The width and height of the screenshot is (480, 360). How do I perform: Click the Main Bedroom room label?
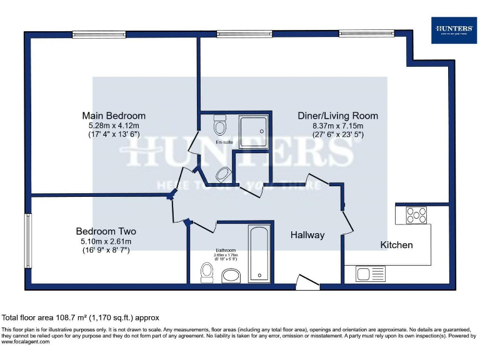point(114,116)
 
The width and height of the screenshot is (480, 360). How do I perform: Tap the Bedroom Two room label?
point(106,231)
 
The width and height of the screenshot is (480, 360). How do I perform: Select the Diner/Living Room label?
point(337,116)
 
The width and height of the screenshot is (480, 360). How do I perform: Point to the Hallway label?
point(307,235)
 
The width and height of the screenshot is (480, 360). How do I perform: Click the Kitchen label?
point(397,245)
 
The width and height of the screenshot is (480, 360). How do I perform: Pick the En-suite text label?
point(224,143)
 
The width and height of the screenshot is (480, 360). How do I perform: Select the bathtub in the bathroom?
point(259,253)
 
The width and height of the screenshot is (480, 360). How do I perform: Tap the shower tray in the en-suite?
point(253,130)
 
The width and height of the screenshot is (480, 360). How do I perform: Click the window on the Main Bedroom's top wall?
point(91,34)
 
